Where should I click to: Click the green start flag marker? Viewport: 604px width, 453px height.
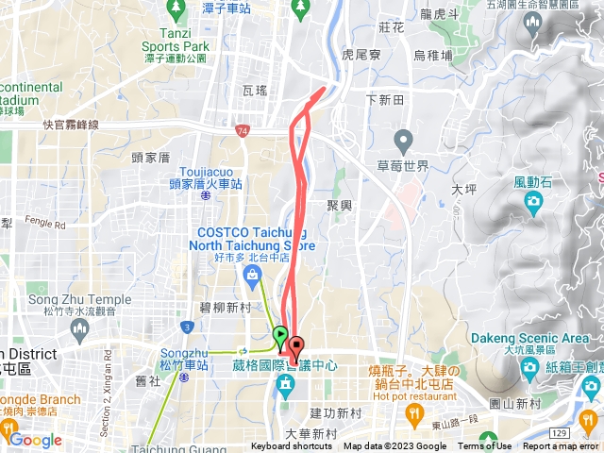click(280, 334)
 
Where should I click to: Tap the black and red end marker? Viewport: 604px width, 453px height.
click(295, 348)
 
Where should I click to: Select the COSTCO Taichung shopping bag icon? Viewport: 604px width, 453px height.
click(252, 275)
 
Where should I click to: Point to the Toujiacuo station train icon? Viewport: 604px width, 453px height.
click(207, 198)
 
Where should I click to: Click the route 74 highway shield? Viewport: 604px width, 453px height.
click(243, 130)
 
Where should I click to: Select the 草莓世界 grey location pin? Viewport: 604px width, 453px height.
click(404, 143)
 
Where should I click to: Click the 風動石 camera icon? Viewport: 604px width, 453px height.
click(533, 200)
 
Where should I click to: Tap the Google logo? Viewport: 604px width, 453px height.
click(35, 440)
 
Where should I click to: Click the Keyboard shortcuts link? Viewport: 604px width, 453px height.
click(293, 446)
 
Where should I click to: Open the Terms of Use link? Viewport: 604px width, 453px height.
click(485, 446)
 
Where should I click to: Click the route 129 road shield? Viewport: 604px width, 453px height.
click(561, 430)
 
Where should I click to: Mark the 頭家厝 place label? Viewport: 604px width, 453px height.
click(150, 158)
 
